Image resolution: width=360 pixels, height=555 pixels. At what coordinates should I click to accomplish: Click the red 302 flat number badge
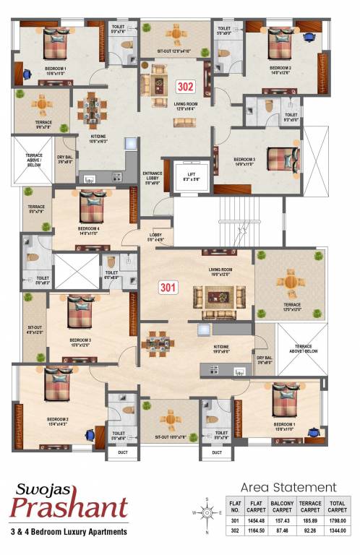point(186,87)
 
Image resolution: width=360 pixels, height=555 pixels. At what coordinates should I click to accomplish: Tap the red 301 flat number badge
point(168,287)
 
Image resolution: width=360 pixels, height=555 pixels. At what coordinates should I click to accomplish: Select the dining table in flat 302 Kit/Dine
point(92,110)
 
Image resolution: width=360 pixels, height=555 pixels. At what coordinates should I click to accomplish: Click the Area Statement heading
point(288,487)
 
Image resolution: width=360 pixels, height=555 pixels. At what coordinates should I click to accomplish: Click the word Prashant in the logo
point(69,508)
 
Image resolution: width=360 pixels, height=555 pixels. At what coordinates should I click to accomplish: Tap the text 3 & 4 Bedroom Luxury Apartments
point(69,532)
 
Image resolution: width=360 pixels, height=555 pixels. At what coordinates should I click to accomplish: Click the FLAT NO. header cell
point(234,507)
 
